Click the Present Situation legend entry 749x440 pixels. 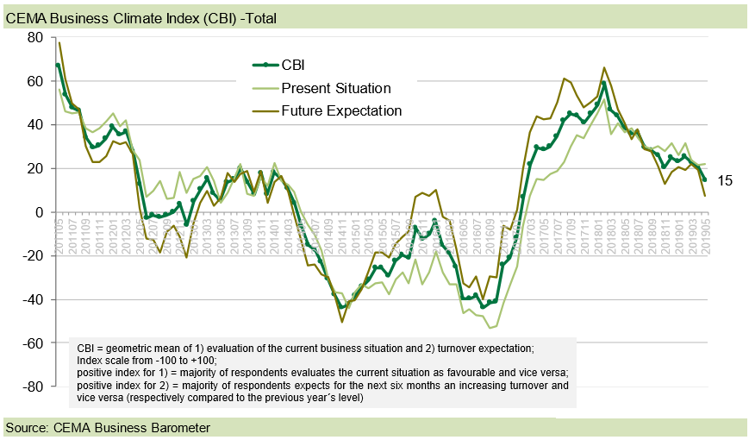(x=335, y=88)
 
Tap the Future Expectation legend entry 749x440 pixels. (x=341, y=110)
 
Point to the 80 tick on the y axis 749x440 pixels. (x=35, y=37)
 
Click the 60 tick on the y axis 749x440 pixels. (x=35, y=81)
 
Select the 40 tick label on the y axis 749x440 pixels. (x=35, y=124)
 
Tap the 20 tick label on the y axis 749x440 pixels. (x=35, y=168)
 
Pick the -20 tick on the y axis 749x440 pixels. (x=33, y=256)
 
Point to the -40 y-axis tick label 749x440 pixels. (x=33, y=299)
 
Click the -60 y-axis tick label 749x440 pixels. (x=33, y=343)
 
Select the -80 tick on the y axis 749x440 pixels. (x=33, y=387)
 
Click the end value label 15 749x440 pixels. (x=725, y=181)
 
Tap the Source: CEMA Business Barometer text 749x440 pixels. (x=108, y=428)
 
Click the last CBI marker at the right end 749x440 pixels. (x=705, y=179)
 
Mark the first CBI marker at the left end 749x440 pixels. (x=58, y=66)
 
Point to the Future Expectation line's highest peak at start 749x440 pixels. (x=59, y=42)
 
